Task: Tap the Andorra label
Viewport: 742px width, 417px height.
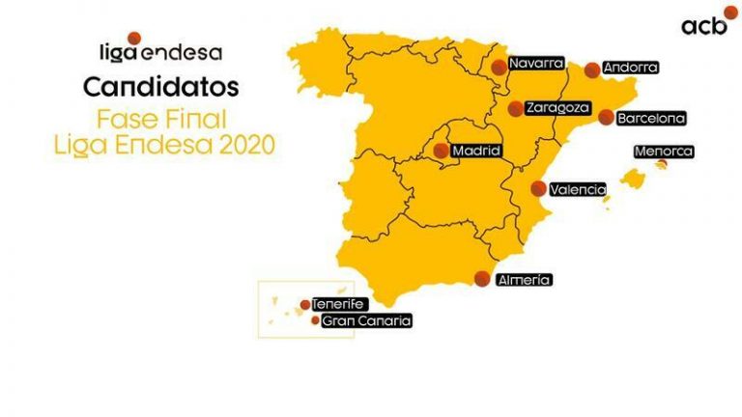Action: [x=630, y=69]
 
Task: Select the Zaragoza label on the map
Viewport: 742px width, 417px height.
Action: [x=556, y=109]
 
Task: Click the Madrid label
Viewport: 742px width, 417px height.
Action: [x=475, y=151]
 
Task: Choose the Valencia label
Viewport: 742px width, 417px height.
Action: [x=578, y=190]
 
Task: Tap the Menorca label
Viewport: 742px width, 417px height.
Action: [x=663, y=152]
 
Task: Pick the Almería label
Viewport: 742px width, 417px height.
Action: [x=524, y=280]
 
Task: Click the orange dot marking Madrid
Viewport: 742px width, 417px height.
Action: [x=441, y=151]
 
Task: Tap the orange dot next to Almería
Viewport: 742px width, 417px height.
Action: [x=482, y=279]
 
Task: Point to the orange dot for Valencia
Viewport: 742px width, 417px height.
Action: [x=538, y=189]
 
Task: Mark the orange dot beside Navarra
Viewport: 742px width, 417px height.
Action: [x=498, y=67]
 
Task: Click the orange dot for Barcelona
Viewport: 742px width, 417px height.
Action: [x=606, y=118]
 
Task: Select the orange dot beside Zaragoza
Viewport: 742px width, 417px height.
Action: [x=517, y=108]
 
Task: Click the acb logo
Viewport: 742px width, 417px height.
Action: [x=703, y=24]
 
